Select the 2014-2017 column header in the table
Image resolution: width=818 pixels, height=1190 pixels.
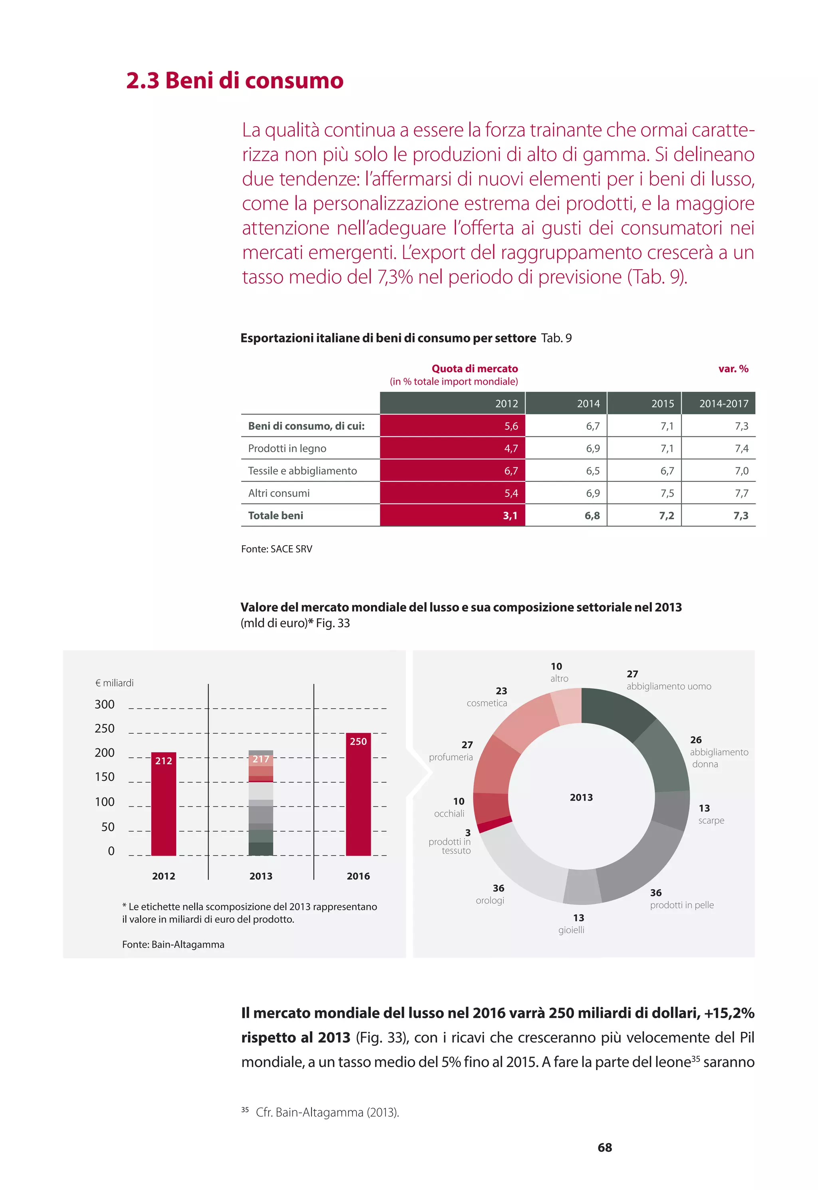723,403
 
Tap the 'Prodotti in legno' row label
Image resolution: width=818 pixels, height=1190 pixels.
287,449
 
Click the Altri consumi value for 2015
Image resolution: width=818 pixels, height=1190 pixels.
667,493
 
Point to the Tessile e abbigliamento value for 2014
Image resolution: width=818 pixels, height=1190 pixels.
592,471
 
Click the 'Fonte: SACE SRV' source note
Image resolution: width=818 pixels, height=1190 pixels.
276,549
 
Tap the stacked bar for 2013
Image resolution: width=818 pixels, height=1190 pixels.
261,805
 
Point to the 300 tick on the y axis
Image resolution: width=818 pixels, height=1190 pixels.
105,704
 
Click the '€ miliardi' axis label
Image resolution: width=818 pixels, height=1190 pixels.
114,683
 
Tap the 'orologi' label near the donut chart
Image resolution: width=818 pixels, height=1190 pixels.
490,900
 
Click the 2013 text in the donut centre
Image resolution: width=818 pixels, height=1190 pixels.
581,797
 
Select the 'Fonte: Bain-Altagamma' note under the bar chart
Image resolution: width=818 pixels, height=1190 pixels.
173,944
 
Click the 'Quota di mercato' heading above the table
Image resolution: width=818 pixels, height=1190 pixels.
475,368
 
